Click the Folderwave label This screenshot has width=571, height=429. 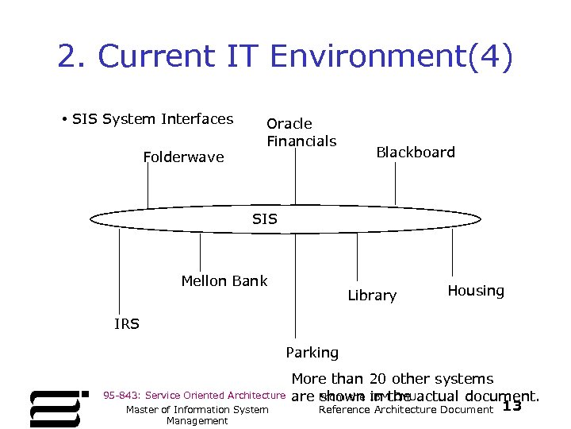[183, 157]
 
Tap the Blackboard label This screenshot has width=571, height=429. [416, 152]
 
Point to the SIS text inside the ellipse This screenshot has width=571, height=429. [265, 218]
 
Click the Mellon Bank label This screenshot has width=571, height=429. [224, 280]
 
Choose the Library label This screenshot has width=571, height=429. [372, 296]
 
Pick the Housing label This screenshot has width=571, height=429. [476, 291]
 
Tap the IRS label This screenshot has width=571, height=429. [127, 324]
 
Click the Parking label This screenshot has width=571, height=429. [312, 352]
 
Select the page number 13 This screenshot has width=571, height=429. [512, 407]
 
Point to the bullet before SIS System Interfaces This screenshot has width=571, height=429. [63, 120]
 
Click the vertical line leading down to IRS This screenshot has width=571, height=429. [119, 270]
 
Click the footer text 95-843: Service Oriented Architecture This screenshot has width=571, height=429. [194, 396]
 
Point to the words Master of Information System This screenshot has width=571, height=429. [197, 410]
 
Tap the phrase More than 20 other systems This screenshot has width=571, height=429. [393, 380]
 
